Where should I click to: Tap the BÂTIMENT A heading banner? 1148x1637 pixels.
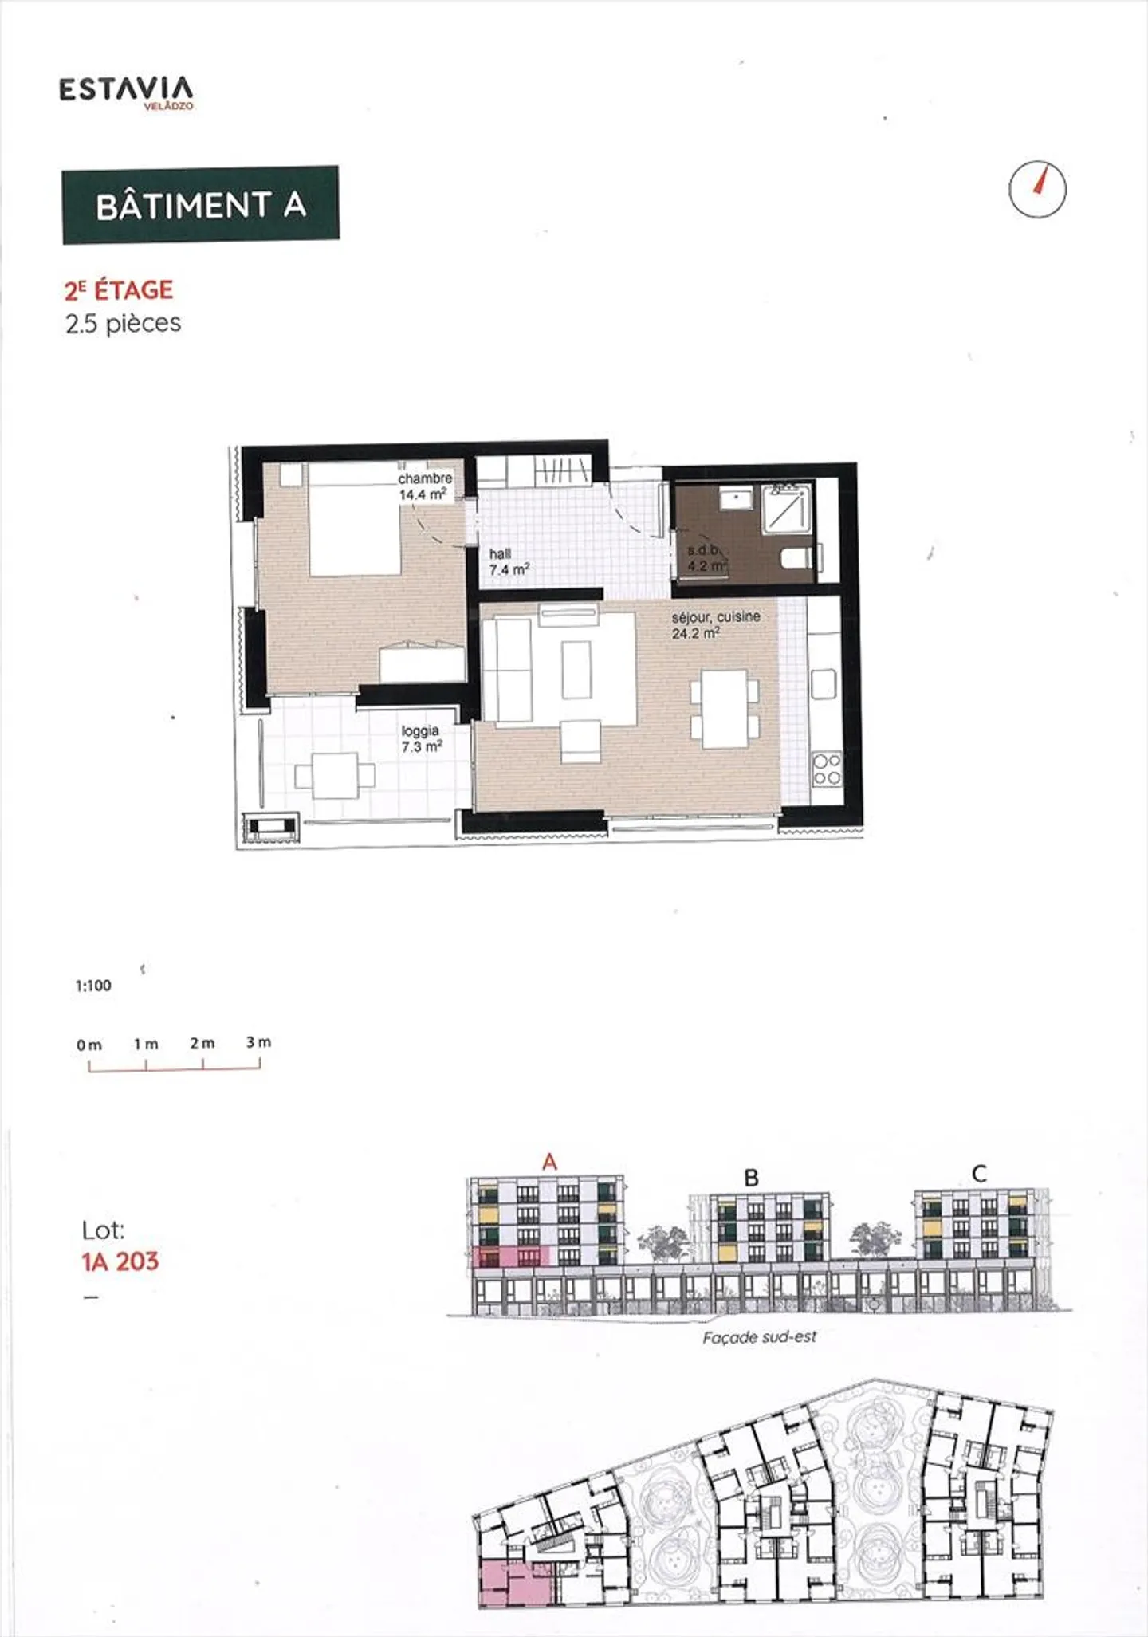[x=200, y=205]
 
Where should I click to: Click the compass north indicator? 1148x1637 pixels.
[x=1037, y=190]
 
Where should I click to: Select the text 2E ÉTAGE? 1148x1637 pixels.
[x=119, y=290]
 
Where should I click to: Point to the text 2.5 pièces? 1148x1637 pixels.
[x=123, y=324]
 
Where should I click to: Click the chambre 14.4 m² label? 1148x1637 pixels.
[x=424, y=486]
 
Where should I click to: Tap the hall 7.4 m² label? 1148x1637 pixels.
[x=509, y=562]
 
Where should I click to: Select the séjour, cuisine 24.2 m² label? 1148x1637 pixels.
[x=715, y=625]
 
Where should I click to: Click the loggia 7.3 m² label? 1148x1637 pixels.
[x=421, y=739]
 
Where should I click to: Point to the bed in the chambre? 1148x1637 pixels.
[x=354, y=518]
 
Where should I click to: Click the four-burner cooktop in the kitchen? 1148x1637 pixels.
[x=826, y=769]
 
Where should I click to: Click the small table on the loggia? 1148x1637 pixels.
[x=335, y=775]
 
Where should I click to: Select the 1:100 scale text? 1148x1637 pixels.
[x=93, y=986]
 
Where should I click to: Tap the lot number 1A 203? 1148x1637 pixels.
[x=120, y=1261]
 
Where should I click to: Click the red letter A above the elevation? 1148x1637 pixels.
[x=549, y=1163]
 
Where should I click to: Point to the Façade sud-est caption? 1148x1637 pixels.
[x=759, y=1337]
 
